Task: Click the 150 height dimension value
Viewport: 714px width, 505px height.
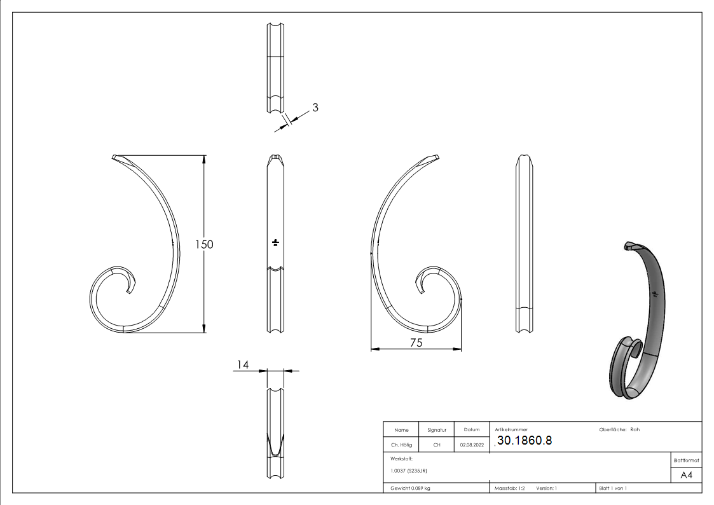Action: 203,244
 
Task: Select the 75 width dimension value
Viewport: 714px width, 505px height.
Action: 416,342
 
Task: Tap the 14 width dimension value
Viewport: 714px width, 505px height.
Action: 242,364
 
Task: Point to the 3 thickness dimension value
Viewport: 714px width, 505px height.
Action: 315,107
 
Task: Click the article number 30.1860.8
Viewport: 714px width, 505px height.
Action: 525,441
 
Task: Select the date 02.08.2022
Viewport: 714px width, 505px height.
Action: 472,445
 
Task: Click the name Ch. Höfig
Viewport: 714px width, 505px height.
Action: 401,445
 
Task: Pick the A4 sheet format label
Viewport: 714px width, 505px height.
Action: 686,475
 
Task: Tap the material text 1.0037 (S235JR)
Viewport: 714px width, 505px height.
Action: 409,471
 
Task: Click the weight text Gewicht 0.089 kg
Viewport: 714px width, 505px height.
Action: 410,488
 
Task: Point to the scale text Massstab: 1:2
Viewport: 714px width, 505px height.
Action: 510,488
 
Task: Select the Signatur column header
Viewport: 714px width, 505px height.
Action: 437,430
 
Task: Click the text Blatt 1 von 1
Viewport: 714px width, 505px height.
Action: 613,488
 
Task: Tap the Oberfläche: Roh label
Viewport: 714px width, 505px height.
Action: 619,429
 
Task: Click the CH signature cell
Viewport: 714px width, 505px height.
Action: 437,445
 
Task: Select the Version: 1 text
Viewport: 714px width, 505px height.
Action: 546,488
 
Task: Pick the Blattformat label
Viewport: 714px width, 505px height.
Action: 686,460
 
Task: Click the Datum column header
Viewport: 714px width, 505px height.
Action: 472,430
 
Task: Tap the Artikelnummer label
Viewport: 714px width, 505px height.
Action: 511,430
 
